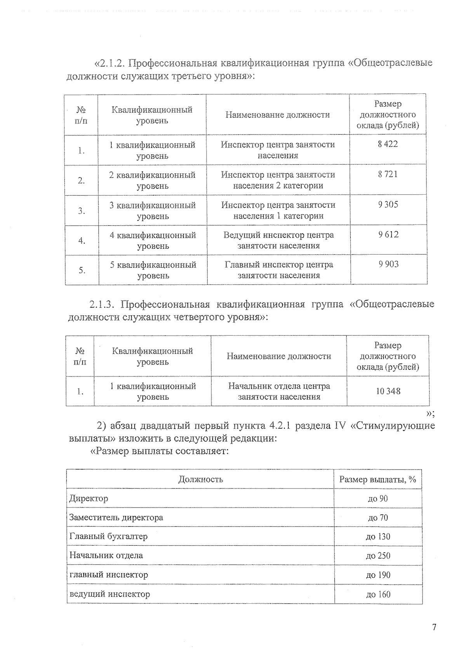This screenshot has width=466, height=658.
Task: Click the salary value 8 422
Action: point(388,144)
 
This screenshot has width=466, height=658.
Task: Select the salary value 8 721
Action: point(388,174)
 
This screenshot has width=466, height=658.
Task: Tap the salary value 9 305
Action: point(388,205)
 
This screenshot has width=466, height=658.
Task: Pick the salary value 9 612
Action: point(388,235)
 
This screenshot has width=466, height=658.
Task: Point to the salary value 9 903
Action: point(389,264)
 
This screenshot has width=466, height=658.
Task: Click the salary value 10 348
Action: point(388,391)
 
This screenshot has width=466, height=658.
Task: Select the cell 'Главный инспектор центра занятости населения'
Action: point(279,270)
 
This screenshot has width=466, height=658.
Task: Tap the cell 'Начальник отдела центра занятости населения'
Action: point(279,391)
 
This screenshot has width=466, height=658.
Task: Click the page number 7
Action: point(434,627)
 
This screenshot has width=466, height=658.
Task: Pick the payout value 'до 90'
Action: point(377,499)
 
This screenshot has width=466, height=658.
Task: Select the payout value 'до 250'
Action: point(378,556)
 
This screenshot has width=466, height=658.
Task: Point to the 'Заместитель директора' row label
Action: point(116,518)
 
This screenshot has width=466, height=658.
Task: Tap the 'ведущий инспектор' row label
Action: point(110,594)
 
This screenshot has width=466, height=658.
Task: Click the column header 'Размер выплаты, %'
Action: point(377,480)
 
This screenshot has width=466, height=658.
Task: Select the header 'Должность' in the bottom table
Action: point(200,479)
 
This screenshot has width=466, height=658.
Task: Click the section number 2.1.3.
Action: point(102,304)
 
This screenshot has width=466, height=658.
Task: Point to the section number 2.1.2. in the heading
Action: point(111,63)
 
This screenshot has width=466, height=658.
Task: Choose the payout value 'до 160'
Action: point(378,594)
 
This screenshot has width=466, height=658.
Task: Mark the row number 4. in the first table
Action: point(82,241)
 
